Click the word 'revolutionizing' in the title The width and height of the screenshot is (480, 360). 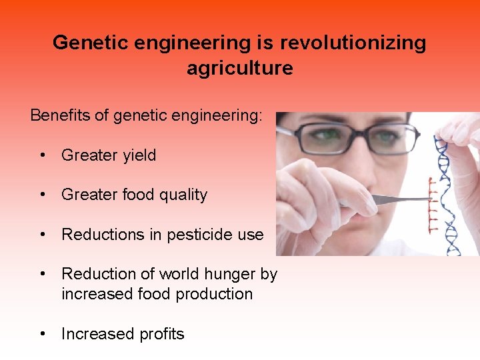pyautogui.click(x=353, y=43)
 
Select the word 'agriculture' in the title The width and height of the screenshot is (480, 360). pyautogui.click(x=239, y=68)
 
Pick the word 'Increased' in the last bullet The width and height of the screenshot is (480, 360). pyautogui.click(x=90, y=334)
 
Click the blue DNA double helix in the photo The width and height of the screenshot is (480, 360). pyautogui.click(x=450, y=187)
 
